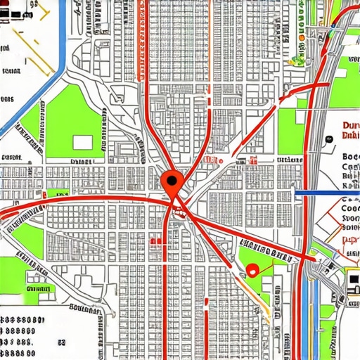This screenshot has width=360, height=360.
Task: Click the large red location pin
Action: (171, 183)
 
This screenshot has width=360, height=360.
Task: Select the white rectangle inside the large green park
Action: (82, 142)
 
